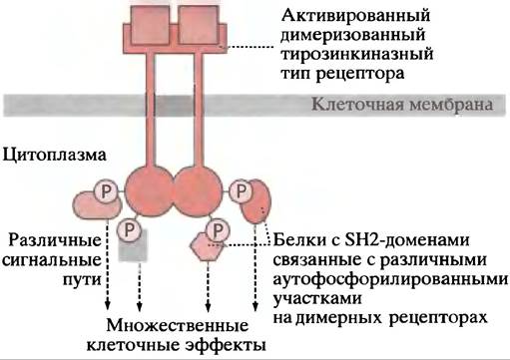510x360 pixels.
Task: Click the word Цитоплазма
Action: tap(55, 156)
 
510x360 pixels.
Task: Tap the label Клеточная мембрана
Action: tap(402, 105)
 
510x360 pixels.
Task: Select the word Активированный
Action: tap(355, 16)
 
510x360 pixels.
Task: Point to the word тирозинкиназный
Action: tap(357, 55)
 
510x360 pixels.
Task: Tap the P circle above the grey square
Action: tap(130, 229)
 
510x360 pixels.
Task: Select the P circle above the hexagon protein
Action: tap(218, 229)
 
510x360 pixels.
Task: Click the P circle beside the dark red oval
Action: tap(242, 191)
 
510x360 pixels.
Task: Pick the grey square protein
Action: tap(133, 246)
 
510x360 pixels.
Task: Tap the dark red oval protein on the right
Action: tap(257, 200)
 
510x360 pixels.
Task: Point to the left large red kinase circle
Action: tap(149, 191)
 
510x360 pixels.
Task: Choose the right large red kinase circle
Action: tap(197, 191)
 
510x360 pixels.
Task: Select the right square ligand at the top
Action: tap(199, 25)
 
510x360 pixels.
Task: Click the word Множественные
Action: tap(178, 325)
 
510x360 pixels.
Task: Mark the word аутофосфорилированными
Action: tap(390, 279)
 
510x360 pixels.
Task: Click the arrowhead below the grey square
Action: tap(140, 307)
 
